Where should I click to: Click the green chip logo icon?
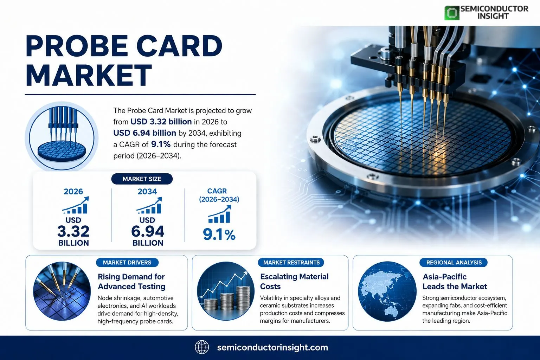coord(452,13)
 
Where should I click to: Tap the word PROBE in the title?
coord(77,46)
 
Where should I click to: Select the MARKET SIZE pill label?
coord(142,179)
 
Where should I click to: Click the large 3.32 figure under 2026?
coord(73,231)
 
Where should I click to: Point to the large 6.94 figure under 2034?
coord(148,231)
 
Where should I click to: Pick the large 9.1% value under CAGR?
coord(219,234)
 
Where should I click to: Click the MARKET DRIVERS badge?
coord(127,262)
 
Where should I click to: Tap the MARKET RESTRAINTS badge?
coord(291,262)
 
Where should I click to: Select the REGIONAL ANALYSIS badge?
coord(454,262)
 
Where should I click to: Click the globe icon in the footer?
coord(202,347)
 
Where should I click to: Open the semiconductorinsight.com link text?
coord(272,347)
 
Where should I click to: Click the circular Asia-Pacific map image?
coord(387,291)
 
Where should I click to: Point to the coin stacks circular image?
coord(226,291)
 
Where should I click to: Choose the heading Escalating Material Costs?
coord(294,281)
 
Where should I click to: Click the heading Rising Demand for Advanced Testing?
coord(131,281)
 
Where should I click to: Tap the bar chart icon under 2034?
coord(149,205)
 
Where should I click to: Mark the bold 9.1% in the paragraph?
coord(161,144)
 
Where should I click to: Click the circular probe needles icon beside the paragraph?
coord(62,137)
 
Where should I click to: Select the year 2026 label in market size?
coord(73,192)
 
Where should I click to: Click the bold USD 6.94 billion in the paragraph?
coord(144,133)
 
